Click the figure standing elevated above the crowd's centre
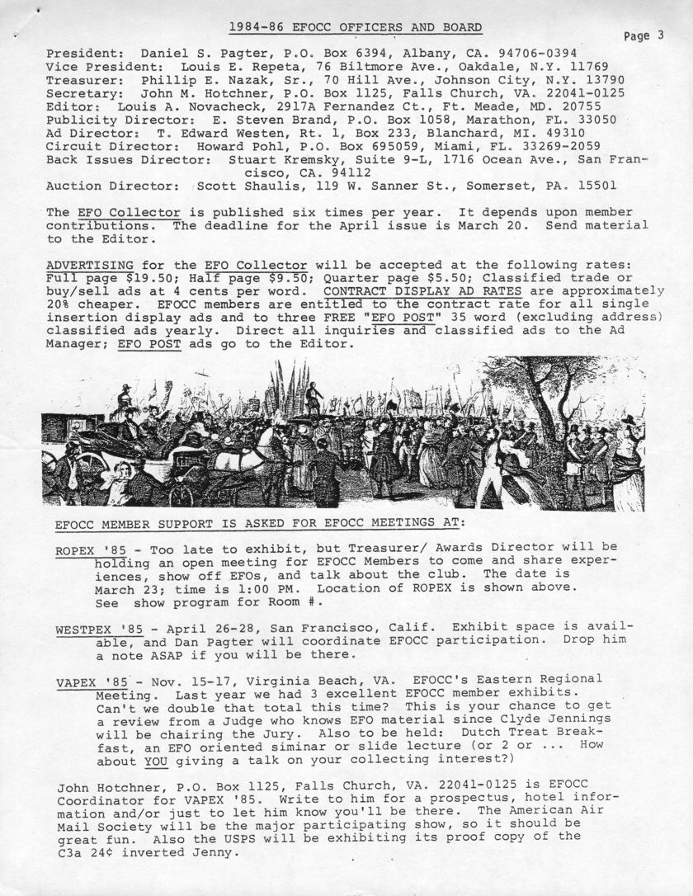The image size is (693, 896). tap(313, 396)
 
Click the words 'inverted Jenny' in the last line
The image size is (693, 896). tap(185, 855)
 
